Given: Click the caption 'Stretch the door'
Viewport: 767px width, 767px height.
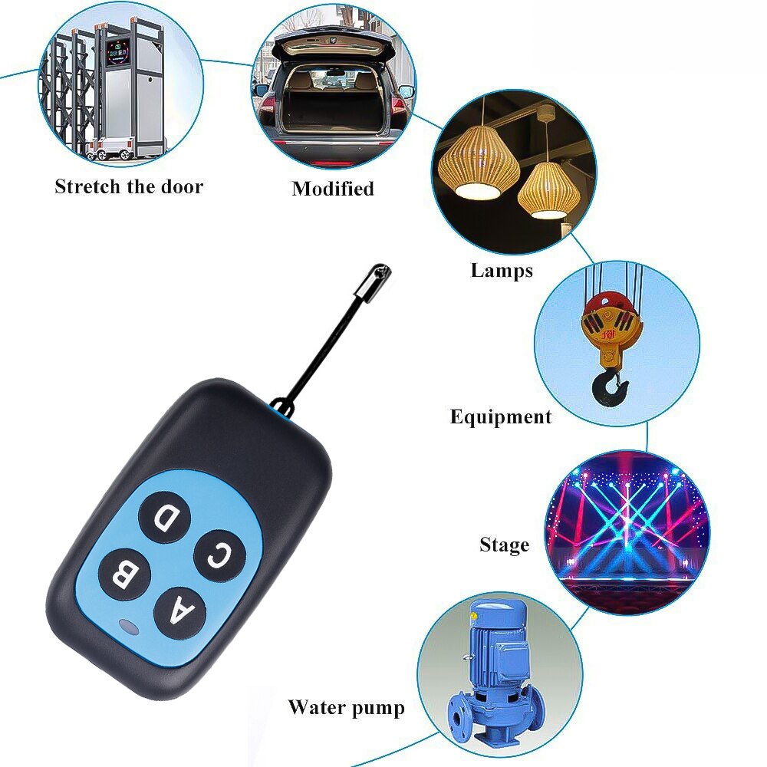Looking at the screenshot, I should point(129,186).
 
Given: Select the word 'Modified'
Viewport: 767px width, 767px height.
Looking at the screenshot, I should point(333,189).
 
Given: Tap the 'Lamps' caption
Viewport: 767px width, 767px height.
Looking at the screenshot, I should point(502,270).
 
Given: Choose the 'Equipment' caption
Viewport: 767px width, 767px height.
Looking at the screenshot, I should point(500,416).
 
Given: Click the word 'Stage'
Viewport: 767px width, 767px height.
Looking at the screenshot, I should point(504,545).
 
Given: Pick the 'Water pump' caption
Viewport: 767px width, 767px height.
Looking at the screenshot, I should point(346,706).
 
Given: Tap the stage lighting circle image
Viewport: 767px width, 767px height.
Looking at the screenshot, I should point(627,532).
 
